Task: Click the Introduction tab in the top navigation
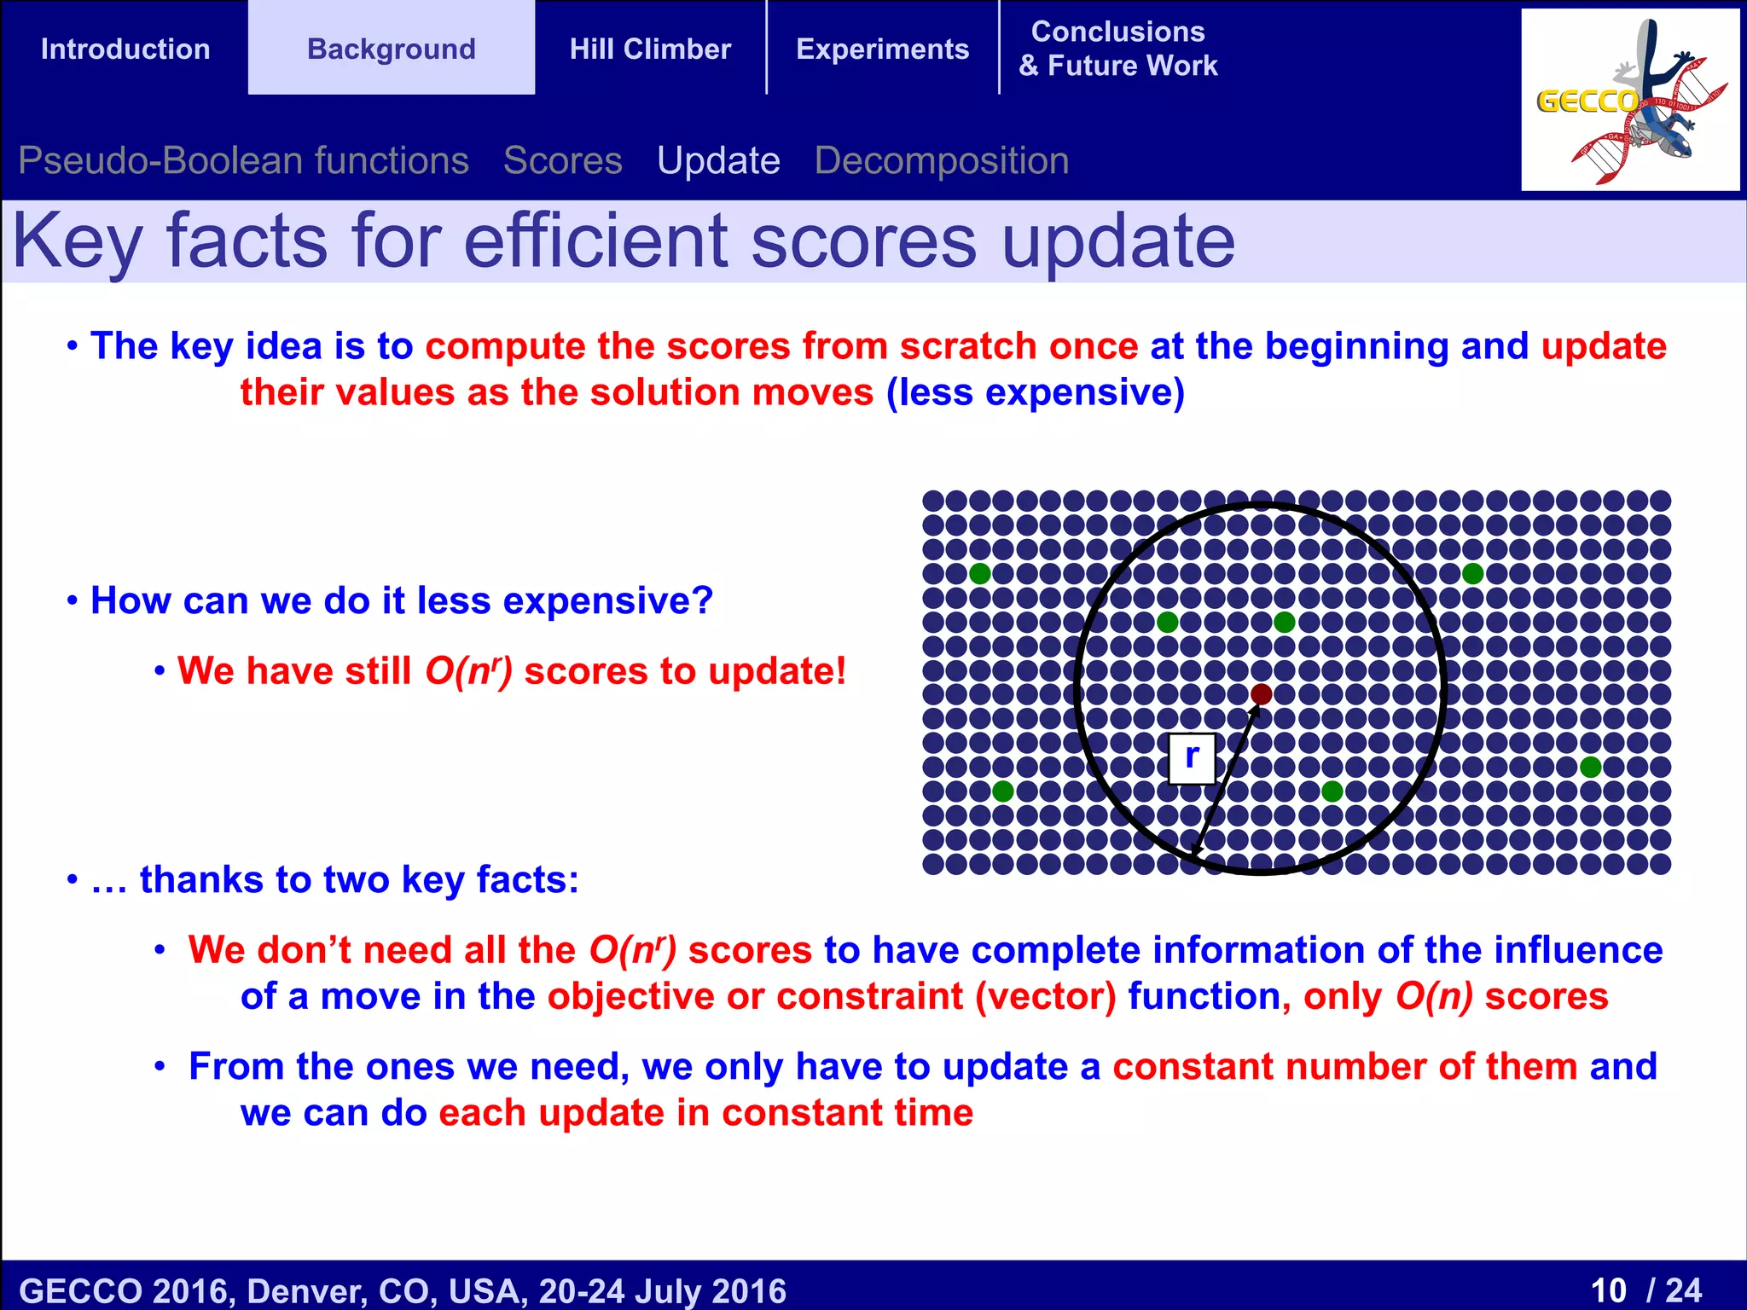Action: [125, 49]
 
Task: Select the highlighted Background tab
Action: [391, 49]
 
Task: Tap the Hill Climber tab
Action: [650, 49]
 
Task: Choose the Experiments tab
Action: [882, 49]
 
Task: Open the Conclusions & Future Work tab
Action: [1117, 49]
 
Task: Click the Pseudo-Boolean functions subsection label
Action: [243, 160]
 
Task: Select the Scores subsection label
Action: [562, 160]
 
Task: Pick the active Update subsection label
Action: [718, 160]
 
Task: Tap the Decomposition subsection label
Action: [941, 160]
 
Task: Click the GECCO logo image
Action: [1629, 100]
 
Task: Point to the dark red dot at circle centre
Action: [1261, 694]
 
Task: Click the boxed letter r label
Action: [1192, 756]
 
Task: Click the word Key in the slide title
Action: [77, 242]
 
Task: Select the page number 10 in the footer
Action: [1609, 1290]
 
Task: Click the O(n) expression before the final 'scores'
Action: [1433, 996]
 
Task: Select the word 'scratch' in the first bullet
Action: [968, 346]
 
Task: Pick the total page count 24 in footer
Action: [1684, 1290]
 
